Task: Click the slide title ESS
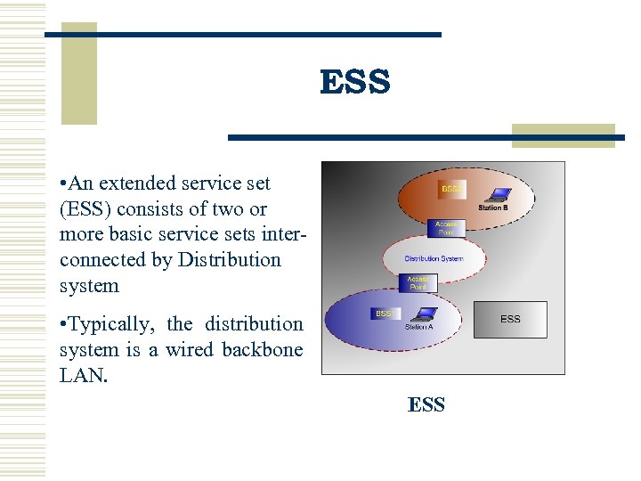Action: (354, 82)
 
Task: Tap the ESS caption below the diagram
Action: (426, 404)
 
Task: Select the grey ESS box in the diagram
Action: (510, 319)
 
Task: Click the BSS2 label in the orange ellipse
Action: (451, 189)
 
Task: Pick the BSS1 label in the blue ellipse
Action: (384, 314)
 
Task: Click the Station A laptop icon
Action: (426, 314)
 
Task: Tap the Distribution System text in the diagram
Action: (434, 258)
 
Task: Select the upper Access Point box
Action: (446, 228)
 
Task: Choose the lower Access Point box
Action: (418, 283)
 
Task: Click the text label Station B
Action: (493, 208)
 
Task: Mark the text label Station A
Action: (418, 327)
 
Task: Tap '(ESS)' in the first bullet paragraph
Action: (85, 209)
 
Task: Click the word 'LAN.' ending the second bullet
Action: (84, 376)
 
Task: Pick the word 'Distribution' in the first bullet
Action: (229, 260)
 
